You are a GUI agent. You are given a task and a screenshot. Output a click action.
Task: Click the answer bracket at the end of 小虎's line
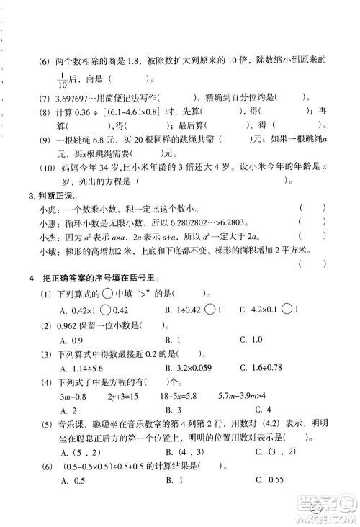click(x=315, y=209)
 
